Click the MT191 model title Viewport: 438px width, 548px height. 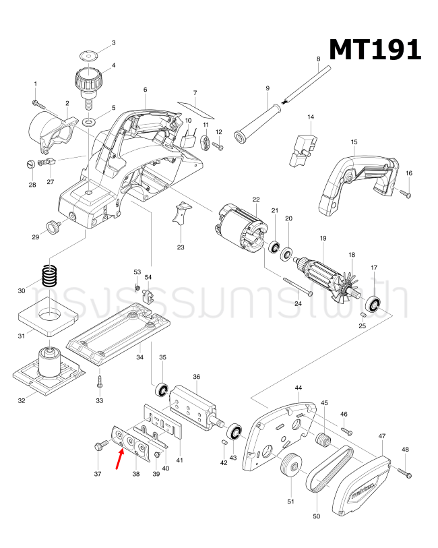pyautogui.click(x=375, y=49)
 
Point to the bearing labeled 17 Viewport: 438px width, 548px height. pyautogui.click(x=373, y=303)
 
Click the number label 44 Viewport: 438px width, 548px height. pyautogui.click(x=298, y=388)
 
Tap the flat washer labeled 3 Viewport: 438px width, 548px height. pyautogui.click(x=88, y=55)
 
